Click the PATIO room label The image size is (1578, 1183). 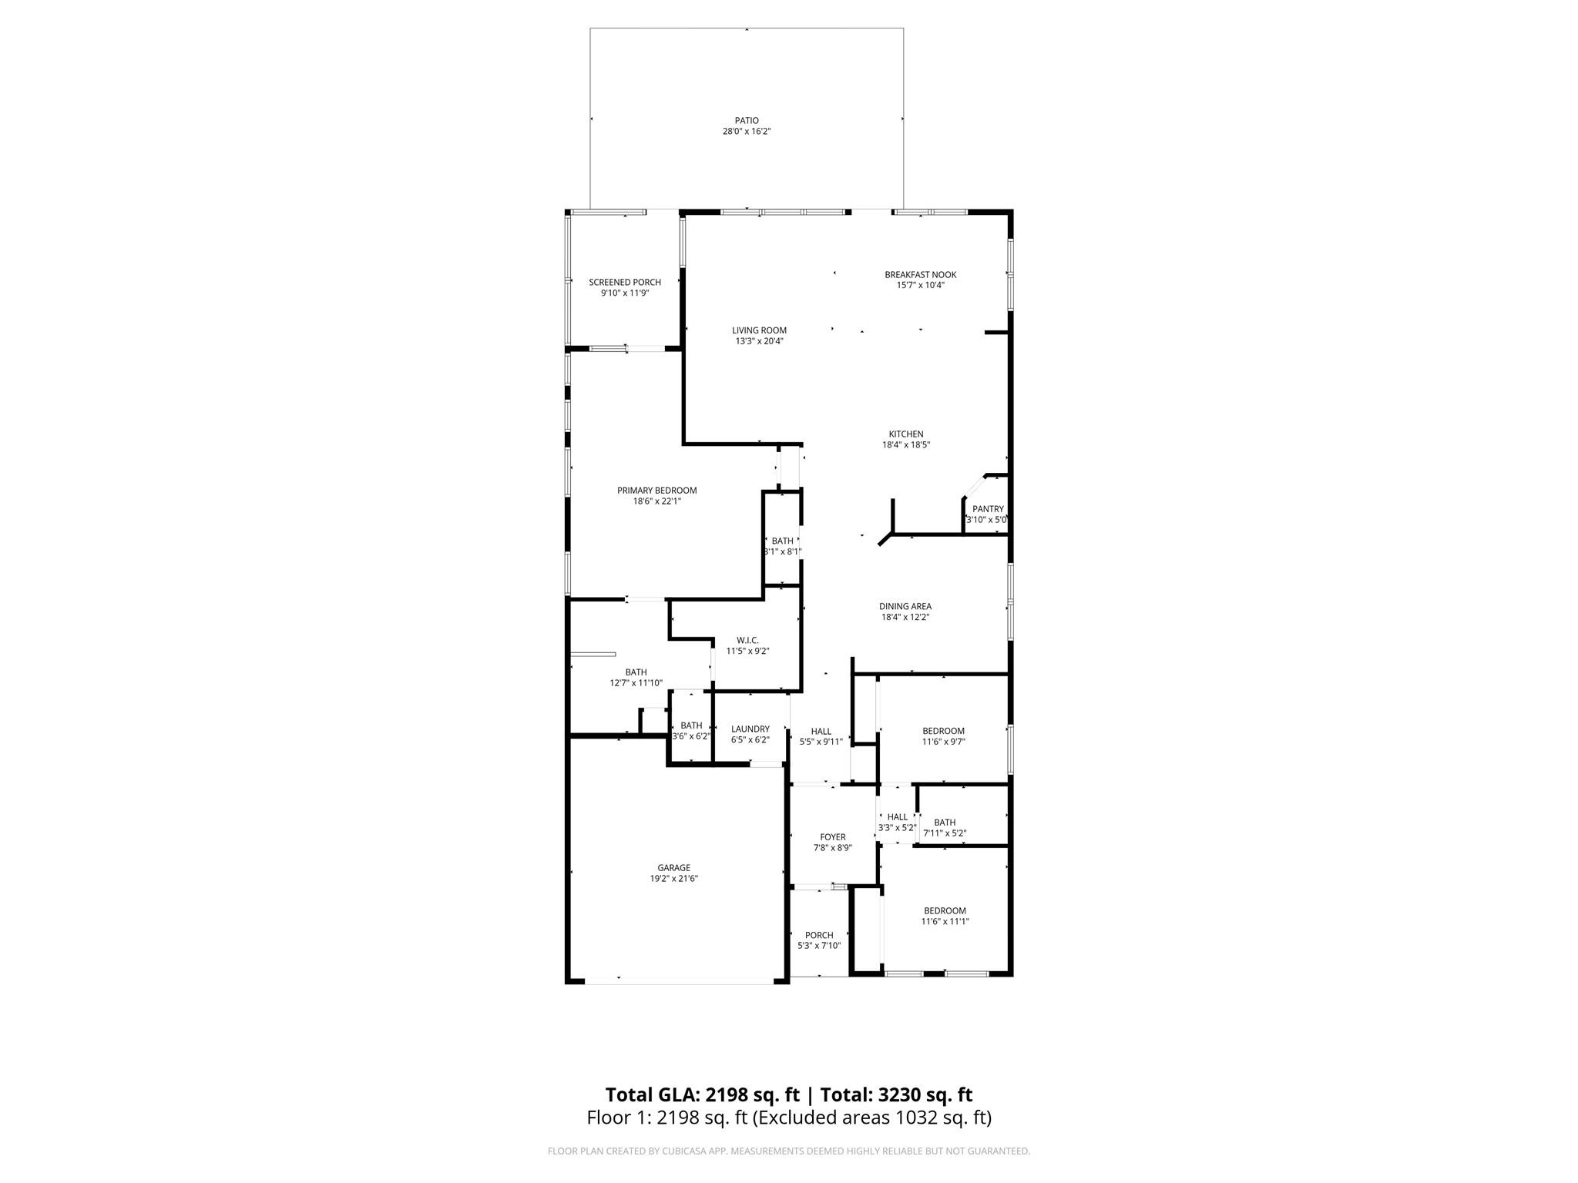[746, 121]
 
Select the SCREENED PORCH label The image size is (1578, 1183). [625, 283]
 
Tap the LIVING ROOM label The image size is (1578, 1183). [759, 330]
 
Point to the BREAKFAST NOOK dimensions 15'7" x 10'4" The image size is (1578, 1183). [920, 286]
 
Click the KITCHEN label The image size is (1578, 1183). [905, 434]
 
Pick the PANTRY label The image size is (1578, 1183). [988, 509]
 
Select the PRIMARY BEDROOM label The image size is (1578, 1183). [656, 491]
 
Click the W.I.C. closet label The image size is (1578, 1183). [747, 640]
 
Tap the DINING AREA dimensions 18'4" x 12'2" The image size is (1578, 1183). [905, 617]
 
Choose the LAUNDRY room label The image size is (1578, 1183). [750, 729]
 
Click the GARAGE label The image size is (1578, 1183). [673, 868]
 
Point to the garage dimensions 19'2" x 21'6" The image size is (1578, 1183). [673, 879]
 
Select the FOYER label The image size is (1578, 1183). [832, 837]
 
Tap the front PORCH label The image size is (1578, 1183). [819, 936]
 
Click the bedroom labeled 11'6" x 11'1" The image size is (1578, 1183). [945, 917]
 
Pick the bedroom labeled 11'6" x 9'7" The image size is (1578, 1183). [943, 736]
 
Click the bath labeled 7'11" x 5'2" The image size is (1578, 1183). [945, 828]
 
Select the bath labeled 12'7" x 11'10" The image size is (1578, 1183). [636, 678]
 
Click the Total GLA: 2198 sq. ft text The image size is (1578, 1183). [702, 1094]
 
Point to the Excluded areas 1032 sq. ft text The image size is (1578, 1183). [871, 1118]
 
